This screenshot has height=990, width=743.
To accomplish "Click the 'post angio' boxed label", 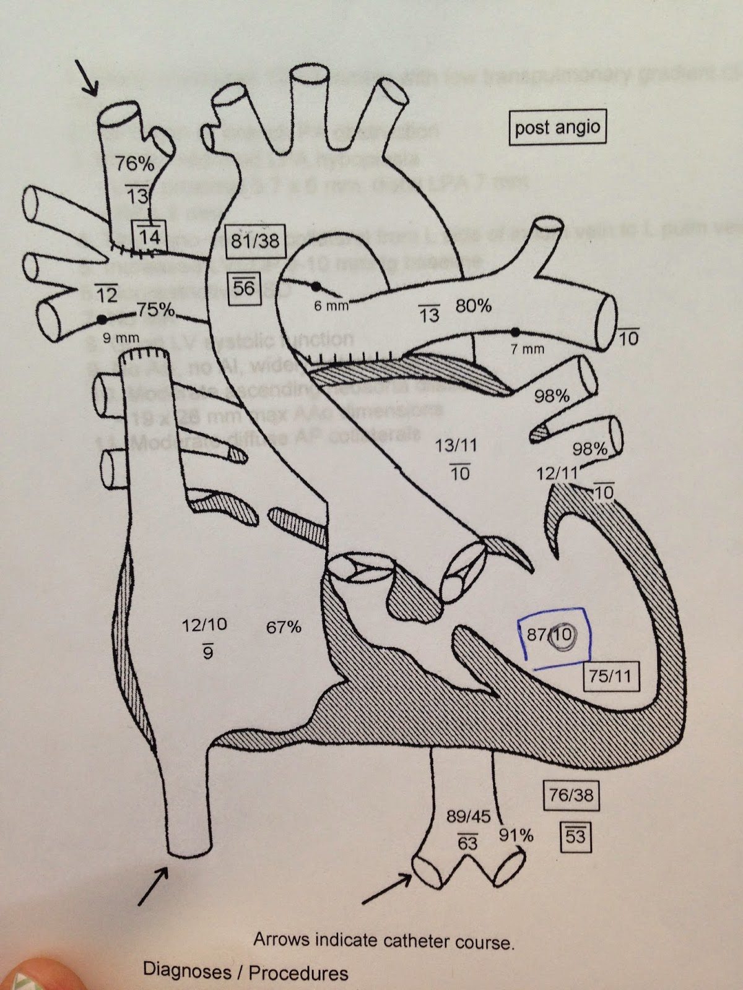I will (x=557, y=127).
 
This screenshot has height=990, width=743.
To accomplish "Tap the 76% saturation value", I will (x=134, y=164).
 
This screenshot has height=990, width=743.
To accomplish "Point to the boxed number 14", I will (x=149, y=236).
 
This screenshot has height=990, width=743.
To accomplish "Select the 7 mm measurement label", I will (x=527, y=349).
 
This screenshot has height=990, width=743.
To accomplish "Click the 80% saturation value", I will (x=474, y=305).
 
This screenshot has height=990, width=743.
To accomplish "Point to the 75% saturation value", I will (x=155, y=310).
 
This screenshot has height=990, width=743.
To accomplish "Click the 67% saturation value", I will (x=284, y=627).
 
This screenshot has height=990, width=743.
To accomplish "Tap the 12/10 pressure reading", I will (x=204, y=624).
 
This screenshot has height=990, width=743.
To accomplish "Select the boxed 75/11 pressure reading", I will (x=611, y=675).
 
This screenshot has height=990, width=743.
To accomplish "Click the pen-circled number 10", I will (x=563, y=634).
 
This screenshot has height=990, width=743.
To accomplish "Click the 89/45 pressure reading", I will (x=468, y=816).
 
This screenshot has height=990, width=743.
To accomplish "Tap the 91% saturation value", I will (x=516, y=836).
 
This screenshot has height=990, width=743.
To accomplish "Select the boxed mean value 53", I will (x=575, y=837).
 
